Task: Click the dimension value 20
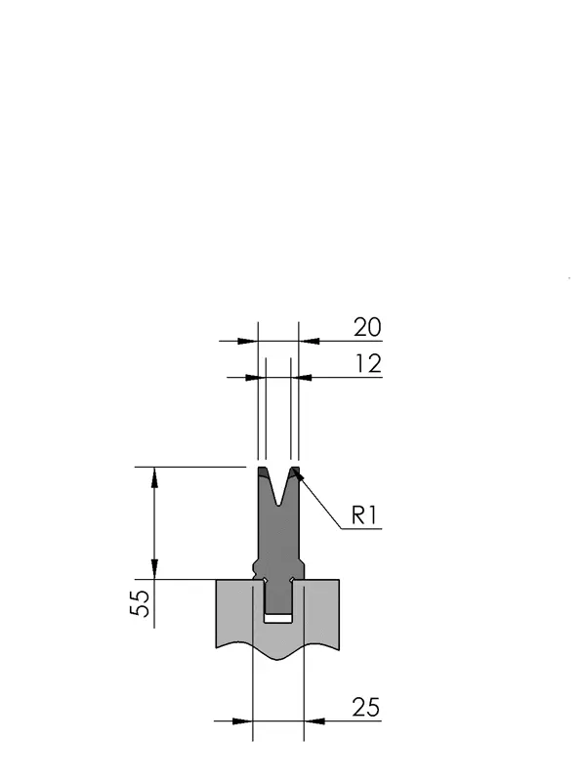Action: click(367, 328)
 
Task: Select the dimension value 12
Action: click(369, 364)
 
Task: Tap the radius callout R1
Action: click(365, 515)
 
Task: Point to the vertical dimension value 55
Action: click(140, 603)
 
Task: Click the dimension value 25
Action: click(366, 707)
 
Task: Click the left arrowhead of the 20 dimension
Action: click(248, 341)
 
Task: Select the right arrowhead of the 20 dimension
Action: click(309, 341)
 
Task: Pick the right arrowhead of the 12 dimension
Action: click(302, 378)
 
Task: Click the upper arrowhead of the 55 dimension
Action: click(154, 477)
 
